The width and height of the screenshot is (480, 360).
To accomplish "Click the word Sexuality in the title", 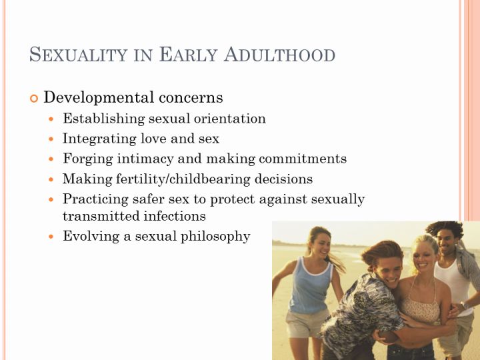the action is [x=78, y=55].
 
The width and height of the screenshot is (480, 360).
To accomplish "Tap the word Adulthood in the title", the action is [x=279, y=55].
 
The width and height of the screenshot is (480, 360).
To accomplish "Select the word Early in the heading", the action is [x=188, y=55].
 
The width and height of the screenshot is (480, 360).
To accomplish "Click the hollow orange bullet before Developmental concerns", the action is [x=34, y=98].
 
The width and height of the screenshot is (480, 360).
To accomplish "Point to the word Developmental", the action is [x=99, y=97].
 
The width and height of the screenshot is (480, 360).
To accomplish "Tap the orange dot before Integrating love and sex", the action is [x=51, y=139].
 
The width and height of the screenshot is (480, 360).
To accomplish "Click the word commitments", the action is [x=303, y=159].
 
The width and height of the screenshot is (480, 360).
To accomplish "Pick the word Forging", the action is [x=88, y=159].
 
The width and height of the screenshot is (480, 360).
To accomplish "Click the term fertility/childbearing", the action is [x=183, y=179].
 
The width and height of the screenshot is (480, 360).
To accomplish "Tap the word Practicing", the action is [x=95, y=199].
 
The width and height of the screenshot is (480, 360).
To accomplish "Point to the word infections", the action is [x=175, y=216].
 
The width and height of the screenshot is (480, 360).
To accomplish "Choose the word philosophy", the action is [x=215, y=237].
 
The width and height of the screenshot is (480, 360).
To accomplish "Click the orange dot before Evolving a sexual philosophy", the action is [x=51, y=237].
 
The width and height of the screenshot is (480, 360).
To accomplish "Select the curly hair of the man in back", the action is [x=445, y=229].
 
